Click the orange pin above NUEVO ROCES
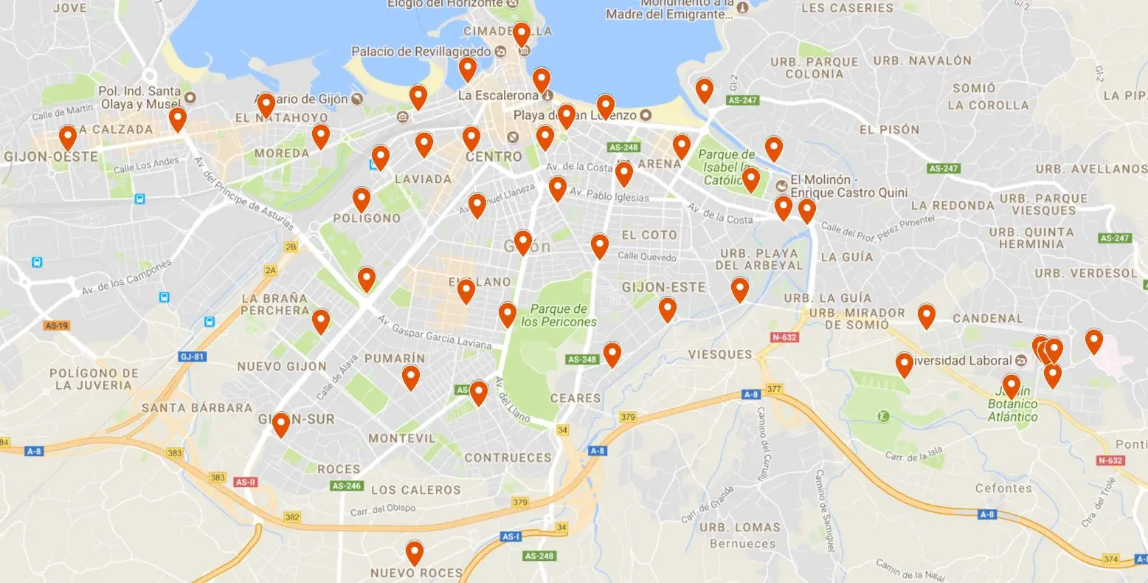point(415,552)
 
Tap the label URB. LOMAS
point(740,528)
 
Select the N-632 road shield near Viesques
point(784,337)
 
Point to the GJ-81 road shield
point(190,356)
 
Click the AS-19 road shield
point(57,325)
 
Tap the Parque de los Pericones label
point(559,315)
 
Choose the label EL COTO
point(649,235)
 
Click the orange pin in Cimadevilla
point(522,34)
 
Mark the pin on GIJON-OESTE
point(68,137)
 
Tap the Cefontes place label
point(1003,488)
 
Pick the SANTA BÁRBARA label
point(197,407)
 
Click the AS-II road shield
point(245,482)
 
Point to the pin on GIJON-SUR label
point(280,424)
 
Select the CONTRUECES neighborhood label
point(508,458)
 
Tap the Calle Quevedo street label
point(647,257)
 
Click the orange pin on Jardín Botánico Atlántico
point(1012,385)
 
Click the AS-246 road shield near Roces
point(347,486)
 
